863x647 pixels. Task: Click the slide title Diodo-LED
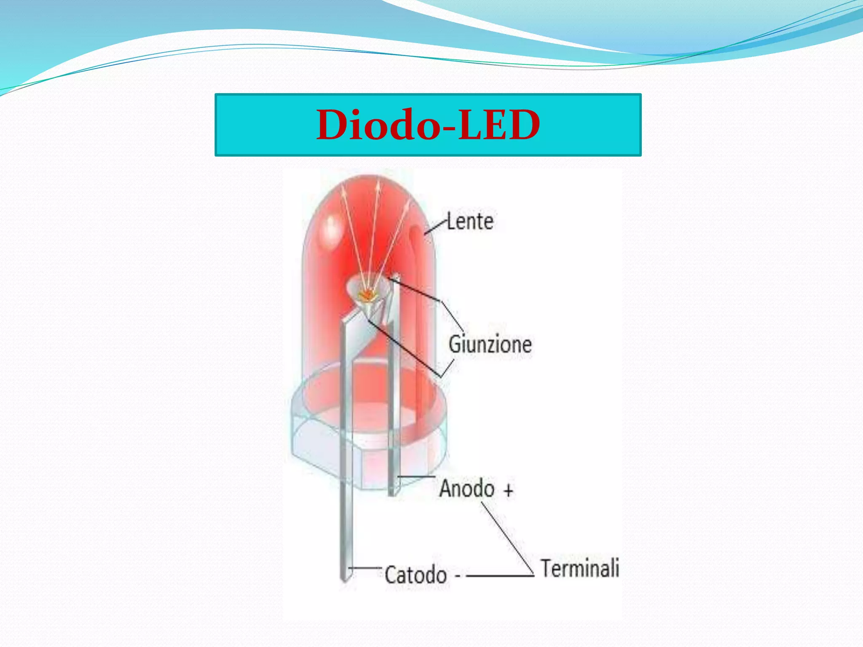(x=428, y=125)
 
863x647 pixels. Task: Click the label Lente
(x=470, y=222)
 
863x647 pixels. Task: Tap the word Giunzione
(x=490, y=344)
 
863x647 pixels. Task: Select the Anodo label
(x=467, y=489)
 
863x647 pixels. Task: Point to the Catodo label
(x=415, y=575)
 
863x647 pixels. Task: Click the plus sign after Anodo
(x=509, y=490)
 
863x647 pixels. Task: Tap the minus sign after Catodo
(x=458, y=576)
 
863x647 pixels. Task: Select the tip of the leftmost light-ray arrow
(x=342, y=184)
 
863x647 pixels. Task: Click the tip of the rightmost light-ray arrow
(x=408, y=201)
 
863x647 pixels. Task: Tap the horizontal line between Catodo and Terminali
(x=499, y=576)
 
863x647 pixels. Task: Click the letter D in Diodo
(x=334, y=125)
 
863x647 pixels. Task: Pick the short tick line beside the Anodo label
(x=416, y=477)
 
